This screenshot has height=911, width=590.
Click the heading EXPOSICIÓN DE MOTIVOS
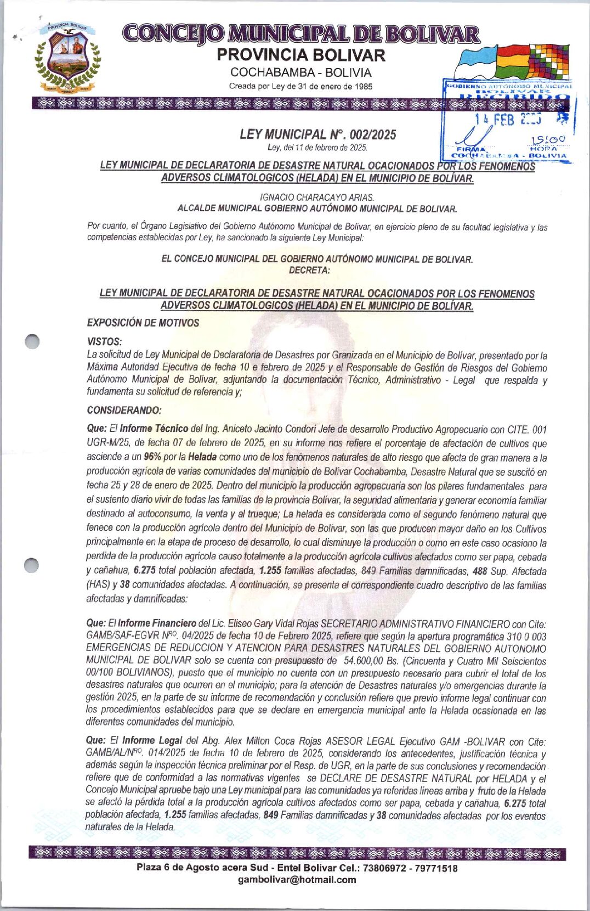point(143,323)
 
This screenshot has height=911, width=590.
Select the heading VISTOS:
point(104,341)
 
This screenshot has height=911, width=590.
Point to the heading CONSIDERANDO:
point(124,410)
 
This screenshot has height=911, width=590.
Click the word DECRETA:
point(309,270)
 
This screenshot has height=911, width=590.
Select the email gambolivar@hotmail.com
point(297,880)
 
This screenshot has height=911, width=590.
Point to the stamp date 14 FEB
point(493,119)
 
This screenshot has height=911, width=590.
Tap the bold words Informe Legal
point(152,740)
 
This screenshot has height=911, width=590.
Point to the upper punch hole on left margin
point(32,341)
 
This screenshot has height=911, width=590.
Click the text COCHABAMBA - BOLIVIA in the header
point(300,72)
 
